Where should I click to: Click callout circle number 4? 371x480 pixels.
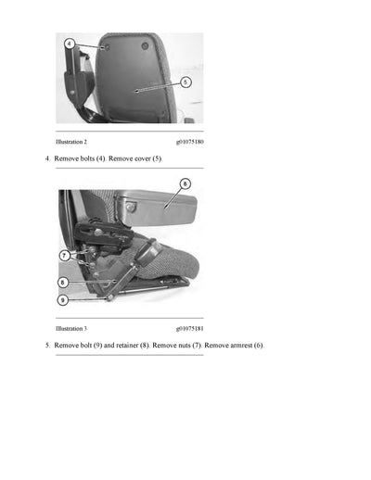[x=70, y=44]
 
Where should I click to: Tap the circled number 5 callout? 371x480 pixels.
[x=185, y=82]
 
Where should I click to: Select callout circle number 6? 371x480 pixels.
[x=185, y=184]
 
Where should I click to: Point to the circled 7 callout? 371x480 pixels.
[x=64, y=254]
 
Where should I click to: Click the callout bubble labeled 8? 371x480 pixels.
[x=63, y=282]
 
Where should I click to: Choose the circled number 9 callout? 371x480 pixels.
[x=63, y=300]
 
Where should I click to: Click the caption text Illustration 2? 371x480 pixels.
[x=71, y=142]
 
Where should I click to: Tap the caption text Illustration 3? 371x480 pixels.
[x=71, y=328]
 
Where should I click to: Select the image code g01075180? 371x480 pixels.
[x=189, y=142]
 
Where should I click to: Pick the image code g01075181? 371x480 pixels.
[x=189, y=328]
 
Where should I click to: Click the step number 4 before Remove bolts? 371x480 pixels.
[x=47, y=159]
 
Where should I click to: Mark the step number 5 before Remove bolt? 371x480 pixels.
[x=47, y=346]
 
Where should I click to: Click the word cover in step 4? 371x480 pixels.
[x=140, y=159]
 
